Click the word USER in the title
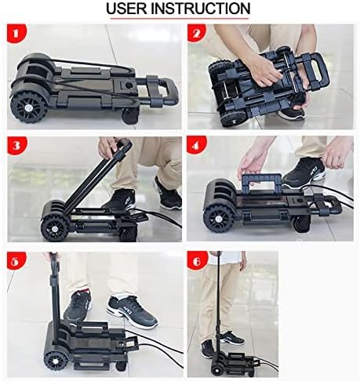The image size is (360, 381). [x=126, y=9]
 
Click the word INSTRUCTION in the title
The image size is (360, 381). [x=201, y=9]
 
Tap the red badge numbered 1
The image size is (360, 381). [x=16, y=34]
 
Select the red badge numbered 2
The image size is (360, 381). [x=197, y=33]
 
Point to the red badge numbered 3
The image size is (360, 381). [x=16, y=145]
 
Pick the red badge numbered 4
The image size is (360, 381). [x=196, y=145]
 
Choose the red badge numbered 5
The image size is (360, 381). [x=16, y=260]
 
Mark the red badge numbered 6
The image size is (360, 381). [x=197, y=260]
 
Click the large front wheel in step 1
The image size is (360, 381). [x=28, y=107]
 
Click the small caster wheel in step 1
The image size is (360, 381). [x=129, y=117]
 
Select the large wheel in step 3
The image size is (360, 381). [x=55, y=228]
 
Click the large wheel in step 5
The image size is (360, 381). [x=56, y=361]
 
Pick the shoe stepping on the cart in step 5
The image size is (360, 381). [x=78, y=308]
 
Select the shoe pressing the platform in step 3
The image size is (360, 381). [x=119, y=200]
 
